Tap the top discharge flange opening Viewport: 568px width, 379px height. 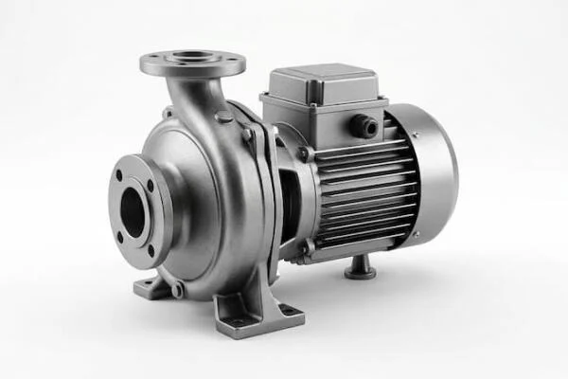click(x=193, y=59)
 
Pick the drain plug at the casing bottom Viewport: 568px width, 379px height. click(x=177, y=289)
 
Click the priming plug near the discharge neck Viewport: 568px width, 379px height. click(x=224, y=117)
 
